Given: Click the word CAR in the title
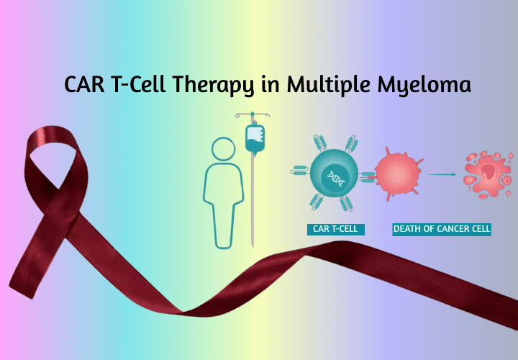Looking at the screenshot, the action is tap(85, 84).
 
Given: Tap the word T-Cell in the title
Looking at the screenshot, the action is tap(139, 84).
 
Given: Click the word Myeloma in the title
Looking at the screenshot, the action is tap(424, 86).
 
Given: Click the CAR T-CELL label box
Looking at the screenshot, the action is tap(336, 229).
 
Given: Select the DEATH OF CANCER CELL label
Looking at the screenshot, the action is tap(442, 229).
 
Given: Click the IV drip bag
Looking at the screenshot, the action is tap(255, 139).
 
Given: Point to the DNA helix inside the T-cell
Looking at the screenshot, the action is tap(336, 179).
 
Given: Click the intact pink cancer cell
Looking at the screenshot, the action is tap(399, 174).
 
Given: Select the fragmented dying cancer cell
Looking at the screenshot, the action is tap(488, 174).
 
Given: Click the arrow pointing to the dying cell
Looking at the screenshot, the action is tap(442, 174).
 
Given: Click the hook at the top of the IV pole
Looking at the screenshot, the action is tap(253, 115).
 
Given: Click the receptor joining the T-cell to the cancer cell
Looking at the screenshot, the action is tap(367, 177).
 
